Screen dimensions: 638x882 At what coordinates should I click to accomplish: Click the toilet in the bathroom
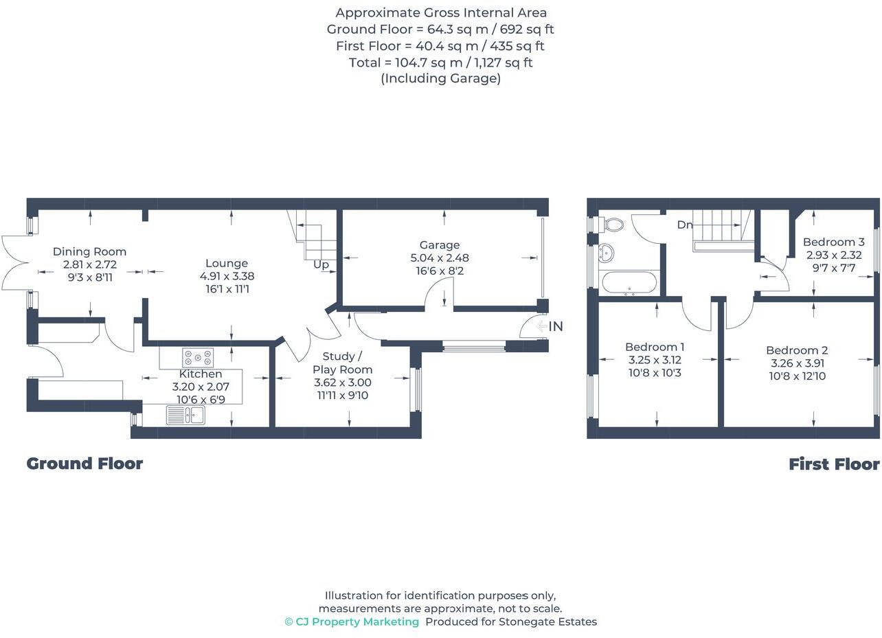pos(613,225)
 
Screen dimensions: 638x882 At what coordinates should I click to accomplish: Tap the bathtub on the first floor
pos(629,283)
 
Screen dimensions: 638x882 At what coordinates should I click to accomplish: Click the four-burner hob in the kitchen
pos(198,358)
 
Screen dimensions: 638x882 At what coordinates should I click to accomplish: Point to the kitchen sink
pos(185,415)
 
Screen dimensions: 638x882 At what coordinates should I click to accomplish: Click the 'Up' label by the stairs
pos(321,264)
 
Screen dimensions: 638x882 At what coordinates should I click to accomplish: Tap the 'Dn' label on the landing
pos(684,225)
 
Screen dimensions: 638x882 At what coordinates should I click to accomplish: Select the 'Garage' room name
pos(440,245)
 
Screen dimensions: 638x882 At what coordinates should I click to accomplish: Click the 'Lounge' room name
pos(227,263)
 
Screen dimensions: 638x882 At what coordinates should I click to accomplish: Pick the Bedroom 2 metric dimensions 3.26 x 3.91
pos(797,363)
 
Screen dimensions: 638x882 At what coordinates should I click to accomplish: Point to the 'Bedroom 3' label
pos(833,242)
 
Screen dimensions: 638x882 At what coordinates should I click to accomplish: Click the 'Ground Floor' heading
pos(84,464)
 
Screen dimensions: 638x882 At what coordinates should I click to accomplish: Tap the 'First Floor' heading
pos(833,464)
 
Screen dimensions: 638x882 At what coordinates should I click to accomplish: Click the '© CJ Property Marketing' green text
pos(352,622)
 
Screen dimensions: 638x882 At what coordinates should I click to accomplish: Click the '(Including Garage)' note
pos(440,78)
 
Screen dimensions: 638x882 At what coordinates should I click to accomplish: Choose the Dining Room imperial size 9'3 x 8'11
pos(89,277)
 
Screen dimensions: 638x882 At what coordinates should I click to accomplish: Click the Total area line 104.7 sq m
pos(440,62)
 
